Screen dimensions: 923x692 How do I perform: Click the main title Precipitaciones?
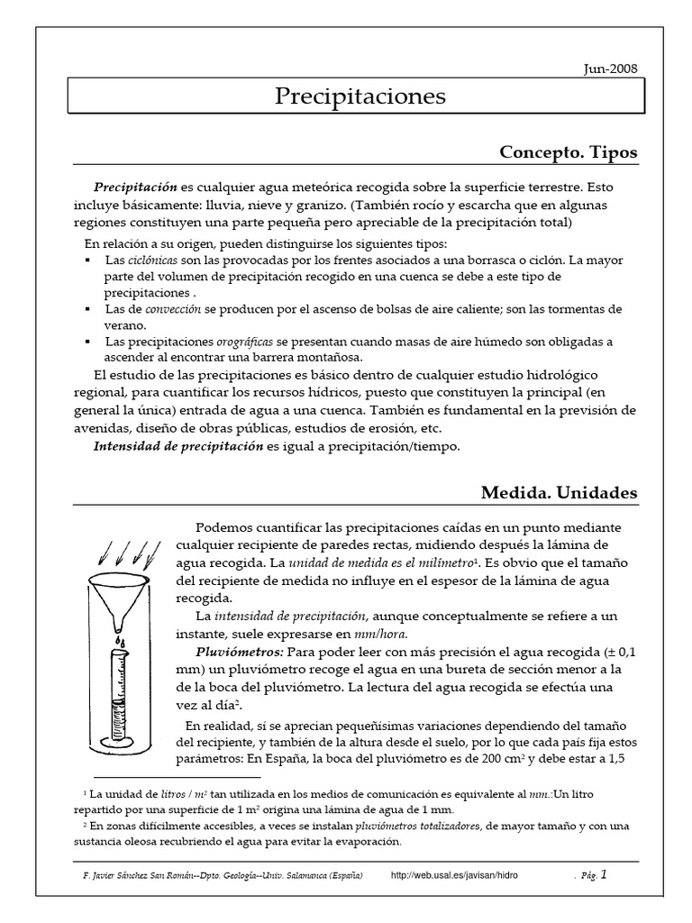pos(360,96)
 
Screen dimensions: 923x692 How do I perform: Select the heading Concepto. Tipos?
pos(568,152)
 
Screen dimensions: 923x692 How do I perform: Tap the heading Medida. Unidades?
pos(559,492)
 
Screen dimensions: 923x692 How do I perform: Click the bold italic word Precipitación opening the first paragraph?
pos(136,187)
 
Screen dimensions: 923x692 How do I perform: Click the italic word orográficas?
pos(246,342)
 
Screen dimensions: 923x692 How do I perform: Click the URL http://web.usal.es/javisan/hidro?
pos(455,875)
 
